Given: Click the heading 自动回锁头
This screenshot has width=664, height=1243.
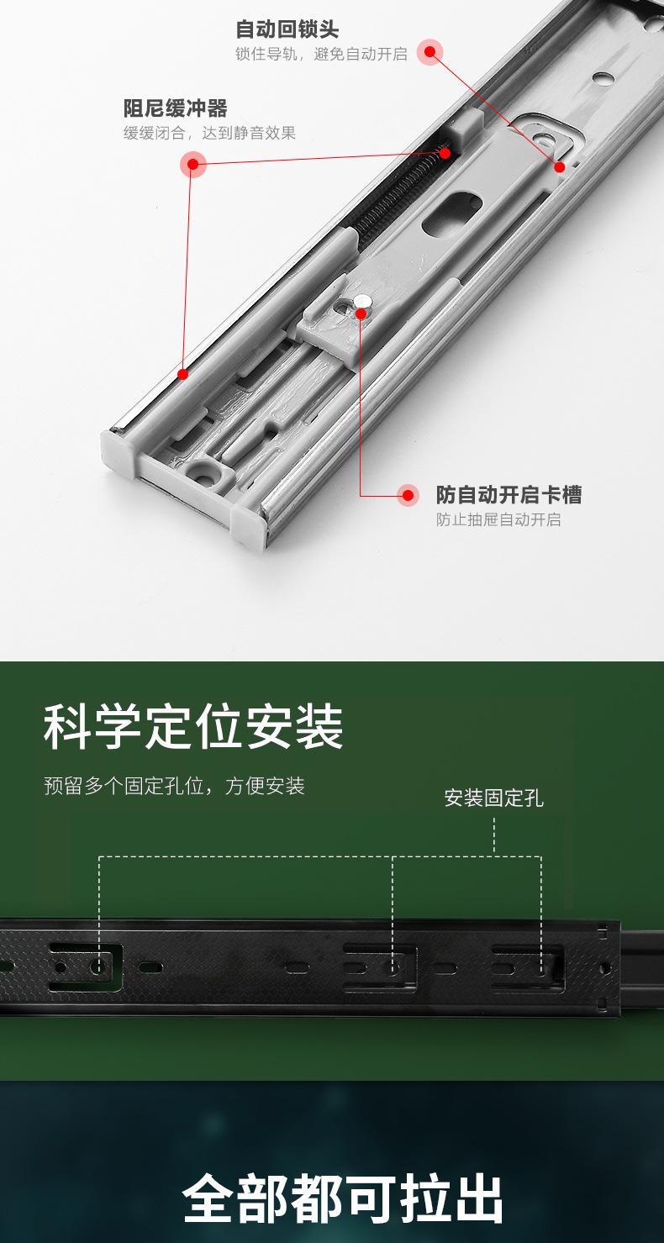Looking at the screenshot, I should click(x=287, y=30).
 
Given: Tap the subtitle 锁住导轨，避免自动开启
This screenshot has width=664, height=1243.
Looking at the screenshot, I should click(x=321, y=55).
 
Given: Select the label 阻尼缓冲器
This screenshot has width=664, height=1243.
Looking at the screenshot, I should click(x=176, y=108).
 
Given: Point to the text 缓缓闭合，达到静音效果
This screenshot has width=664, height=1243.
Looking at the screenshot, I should click(x=209, y=133).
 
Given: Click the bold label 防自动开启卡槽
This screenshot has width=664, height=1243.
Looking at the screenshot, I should click(x=509, y=494).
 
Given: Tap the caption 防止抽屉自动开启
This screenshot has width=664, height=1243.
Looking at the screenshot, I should click(x=498, y=519).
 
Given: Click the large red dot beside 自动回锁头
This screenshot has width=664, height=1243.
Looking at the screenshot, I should click(x=429, y=52).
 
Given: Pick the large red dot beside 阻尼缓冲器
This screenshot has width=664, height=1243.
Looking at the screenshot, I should click(x=192, y=164).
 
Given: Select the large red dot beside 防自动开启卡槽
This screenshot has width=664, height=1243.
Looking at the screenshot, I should click(x=408, y=495).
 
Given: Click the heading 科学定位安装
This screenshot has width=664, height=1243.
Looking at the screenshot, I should click(x=193, y=728).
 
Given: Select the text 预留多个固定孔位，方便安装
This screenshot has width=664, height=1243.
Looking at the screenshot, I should click(x=174, y=787).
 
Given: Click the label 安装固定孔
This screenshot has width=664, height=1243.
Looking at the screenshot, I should click(x=493, y=798).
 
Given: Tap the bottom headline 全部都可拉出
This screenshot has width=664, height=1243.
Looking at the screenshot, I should click(x=342, y=1198).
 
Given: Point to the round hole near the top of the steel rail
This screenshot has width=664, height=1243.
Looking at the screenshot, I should click(x=601, y=80).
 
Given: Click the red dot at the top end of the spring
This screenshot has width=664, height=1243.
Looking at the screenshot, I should click(x=445, y=153).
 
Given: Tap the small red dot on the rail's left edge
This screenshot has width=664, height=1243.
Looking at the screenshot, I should click(x=182, y=373).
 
